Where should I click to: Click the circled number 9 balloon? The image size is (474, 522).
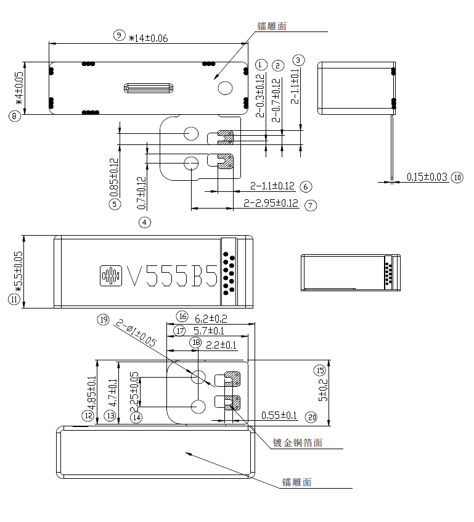click(x=119, y=35)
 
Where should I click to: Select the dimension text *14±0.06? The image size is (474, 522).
click(x=149, y=38)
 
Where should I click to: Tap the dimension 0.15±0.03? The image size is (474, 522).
click(x=427, y=176)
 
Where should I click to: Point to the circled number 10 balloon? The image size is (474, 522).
click(x=457, y=178)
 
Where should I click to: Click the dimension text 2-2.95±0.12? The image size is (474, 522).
click(x=271, y=203)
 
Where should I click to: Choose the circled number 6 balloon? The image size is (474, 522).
click(x=306, y=187)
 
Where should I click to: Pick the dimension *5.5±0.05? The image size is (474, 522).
click(x=18, y=271)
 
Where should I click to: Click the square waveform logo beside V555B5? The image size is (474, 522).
click(x=111, y=276)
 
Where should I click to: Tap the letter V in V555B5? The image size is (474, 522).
click(x=134, y=276)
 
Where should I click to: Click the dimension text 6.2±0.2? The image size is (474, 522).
click(x=211, y=318)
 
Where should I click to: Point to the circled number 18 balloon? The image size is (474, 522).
click(x=196, y=342)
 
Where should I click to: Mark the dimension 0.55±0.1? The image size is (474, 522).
click(x=279, y=415)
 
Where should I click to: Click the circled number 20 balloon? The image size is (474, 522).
click(x=312, y=417)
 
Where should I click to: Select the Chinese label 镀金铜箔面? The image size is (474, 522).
click(x=297, y=443)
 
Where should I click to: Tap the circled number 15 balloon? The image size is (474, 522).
click(x=320, y=370)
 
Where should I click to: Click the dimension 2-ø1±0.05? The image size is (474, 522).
click(x=136, y=333)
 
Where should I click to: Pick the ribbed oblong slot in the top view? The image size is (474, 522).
click(x=149, y=88)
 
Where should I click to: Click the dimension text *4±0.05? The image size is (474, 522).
click(x=19, y=88)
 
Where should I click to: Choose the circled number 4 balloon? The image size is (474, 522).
click(x=145, y=222)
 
